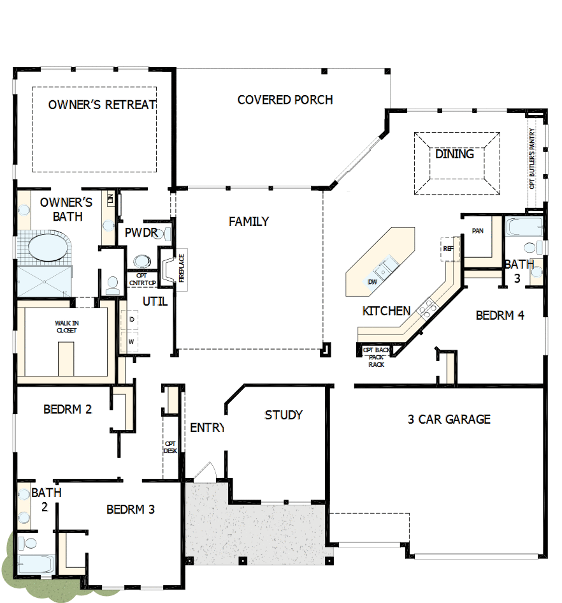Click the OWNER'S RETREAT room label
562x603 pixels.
click(x=102, y=105)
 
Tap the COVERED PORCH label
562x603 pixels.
click(x=285, y=100)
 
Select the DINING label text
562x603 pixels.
click(x=454, y=154)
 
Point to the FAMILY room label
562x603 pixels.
click(x=249, y=221)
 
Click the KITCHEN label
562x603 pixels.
click(x=386, y=311)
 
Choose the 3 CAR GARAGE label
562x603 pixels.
click(x=449, y=419)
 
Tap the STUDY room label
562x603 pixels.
click(x=284, y=415)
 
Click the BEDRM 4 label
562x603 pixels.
click(x=500, y=315)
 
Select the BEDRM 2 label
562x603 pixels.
click(x=68, y=409)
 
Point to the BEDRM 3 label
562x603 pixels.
click(x=131, y=509)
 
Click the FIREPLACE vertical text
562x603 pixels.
click(x=181, y=269)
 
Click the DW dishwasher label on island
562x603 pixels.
click(x=372, y=281)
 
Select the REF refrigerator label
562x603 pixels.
click(x=447, y=248)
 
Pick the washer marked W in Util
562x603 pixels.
click(x=131, y=341)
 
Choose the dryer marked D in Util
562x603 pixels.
click(x=131, y=318)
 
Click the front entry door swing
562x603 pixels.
click(x=205, y=472)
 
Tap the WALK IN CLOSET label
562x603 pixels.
click(x=66, y=327)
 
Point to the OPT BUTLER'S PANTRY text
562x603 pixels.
click(x=533, y=158)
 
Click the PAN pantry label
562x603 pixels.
click(x=477, y=230)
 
